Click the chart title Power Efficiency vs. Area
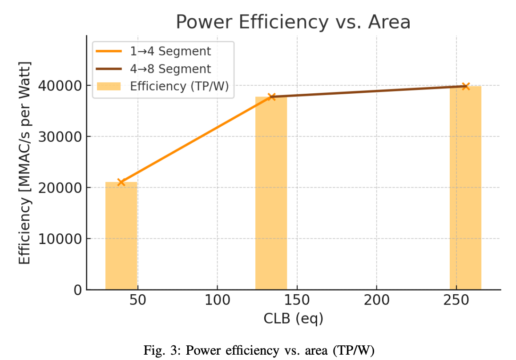[x=293, y=22]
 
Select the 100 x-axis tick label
[x=217, y=300]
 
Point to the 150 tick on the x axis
[x=297, y=300]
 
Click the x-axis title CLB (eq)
[x=293, y=318]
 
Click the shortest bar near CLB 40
[x=121, y=236]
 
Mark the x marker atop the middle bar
[x=271, y=96]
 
